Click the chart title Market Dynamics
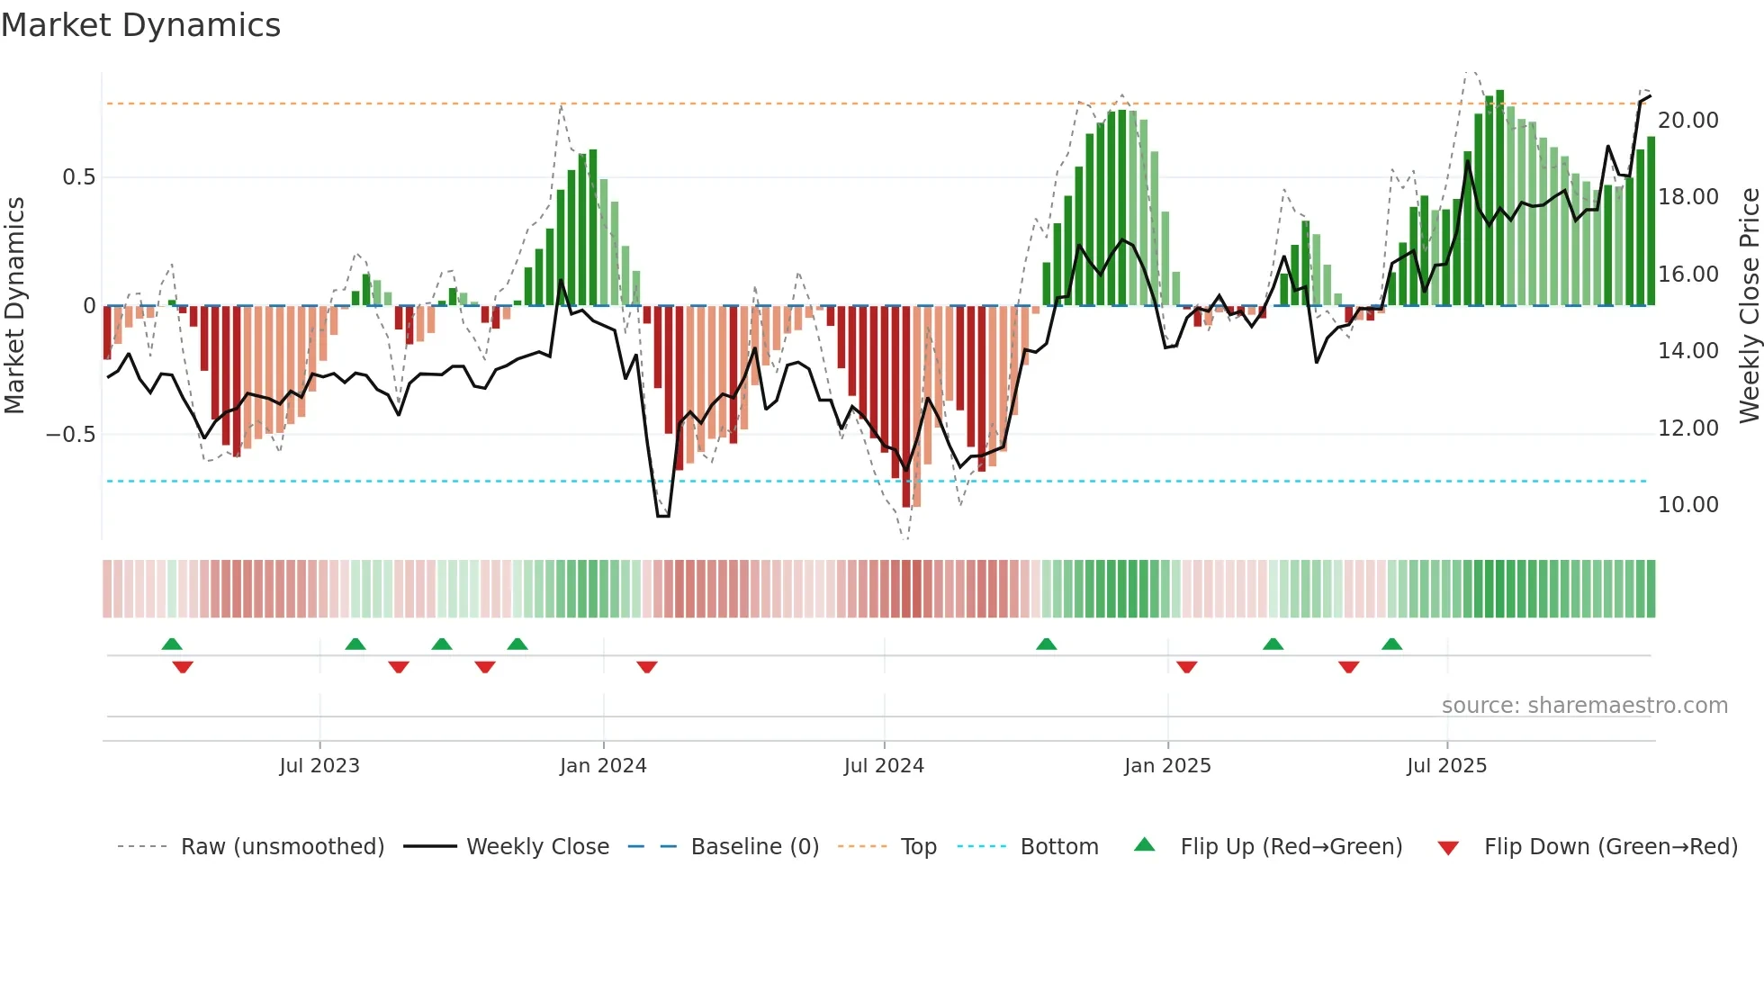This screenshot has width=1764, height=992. pos(141,25)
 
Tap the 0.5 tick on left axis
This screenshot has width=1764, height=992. pos(78,177)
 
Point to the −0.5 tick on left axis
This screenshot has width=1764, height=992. pos(70,435)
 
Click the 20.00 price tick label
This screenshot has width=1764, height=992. pos(1687,121)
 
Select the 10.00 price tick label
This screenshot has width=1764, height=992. pos(1687,505)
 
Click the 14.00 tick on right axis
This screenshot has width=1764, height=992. pos(1687,351)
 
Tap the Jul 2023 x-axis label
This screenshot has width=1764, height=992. pos(319,766)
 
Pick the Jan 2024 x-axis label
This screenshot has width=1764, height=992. pos(603,766)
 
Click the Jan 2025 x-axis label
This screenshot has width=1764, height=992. pos(1167,766)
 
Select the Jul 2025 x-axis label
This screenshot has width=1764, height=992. pos(1446,766)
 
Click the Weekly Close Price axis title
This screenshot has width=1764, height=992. pos(1749,305)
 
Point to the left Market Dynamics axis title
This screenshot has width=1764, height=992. pos(14,305)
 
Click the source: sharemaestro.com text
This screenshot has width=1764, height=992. pos(1584,706)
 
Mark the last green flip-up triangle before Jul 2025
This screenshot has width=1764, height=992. pos(1391,645)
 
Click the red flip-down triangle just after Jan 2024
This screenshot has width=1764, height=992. pos(647,667)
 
